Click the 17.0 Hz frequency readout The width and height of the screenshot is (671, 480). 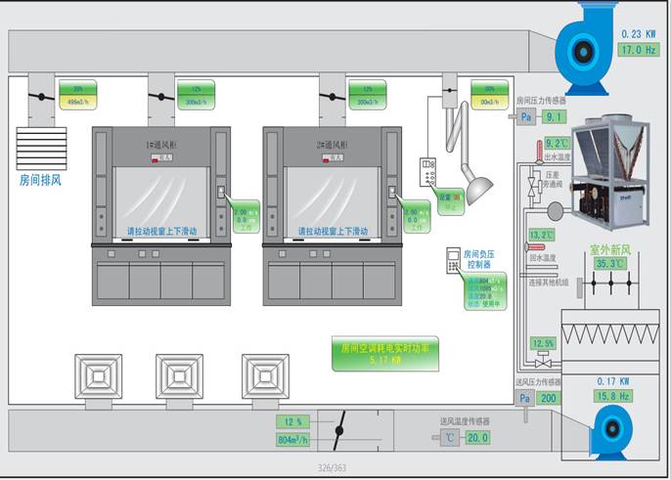click(x=637, y=49)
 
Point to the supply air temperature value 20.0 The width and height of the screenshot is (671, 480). click(x=476, y=438)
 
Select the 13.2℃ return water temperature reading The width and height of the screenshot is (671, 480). click(x=541, y=236)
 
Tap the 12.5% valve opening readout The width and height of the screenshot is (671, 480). click(x=543, y=343)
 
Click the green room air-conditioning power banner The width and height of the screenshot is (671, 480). click(x=384, y=353)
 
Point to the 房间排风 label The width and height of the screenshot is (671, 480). click(x=41, y=180)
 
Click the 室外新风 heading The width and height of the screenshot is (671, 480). click(x=607, y=249)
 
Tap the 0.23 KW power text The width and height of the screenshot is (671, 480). click(x=638, y=34)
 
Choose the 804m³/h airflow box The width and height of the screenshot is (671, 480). click(x=293, y=440)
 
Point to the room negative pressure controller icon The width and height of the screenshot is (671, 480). click(x=452, y=260)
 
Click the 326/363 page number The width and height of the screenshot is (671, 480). click(x=333, y=468)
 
